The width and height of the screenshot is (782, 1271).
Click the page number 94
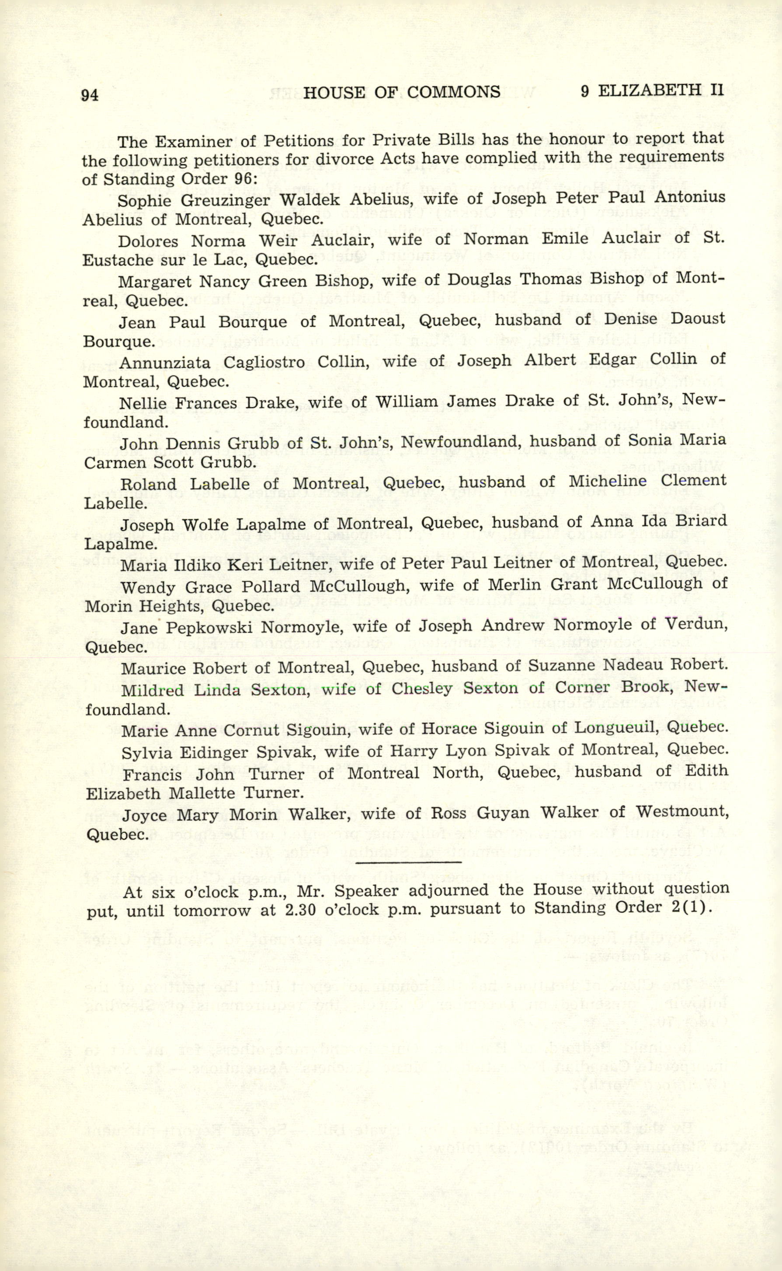point(90,95)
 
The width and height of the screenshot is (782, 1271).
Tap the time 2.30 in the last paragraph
point(300,910)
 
